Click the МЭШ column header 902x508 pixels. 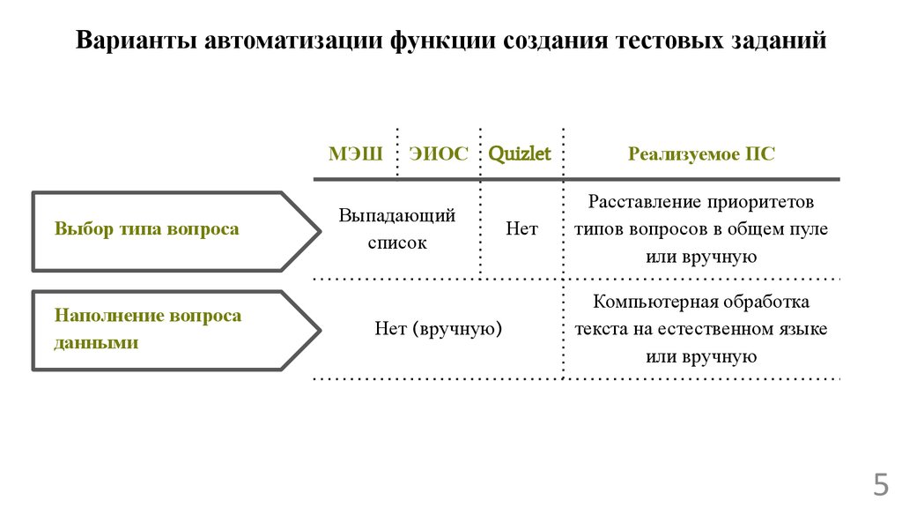(355, 154)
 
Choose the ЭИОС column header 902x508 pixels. (439, 154)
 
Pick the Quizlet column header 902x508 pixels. (520, 154)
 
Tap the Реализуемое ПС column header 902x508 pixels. (701, 154)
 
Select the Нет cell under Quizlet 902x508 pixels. (521, 228)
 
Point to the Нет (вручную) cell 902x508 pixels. (438, 329)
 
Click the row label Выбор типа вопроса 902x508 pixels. (146, 228)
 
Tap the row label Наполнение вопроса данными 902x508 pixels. (147, 329)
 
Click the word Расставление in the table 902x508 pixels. (644, 202)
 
